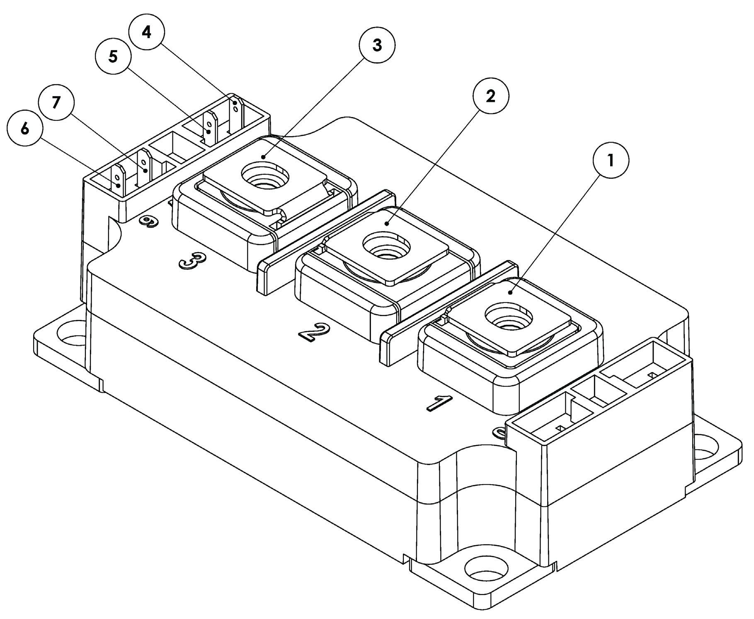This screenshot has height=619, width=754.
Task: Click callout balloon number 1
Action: point(611,160)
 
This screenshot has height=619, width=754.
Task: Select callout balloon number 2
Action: point(490,96)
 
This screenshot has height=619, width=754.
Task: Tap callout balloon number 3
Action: point(377,45)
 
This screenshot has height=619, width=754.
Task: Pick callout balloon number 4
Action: point(146,32)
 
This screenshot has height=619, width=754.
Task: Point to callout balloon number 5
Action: point(113,57)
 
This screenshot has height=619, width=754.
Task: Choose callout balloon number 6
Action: point(25,129)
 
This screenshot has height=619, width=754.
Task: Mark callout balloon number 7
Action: point(56,102)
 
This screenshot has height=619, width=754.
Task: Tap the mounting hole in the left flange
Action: point(75,335)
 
